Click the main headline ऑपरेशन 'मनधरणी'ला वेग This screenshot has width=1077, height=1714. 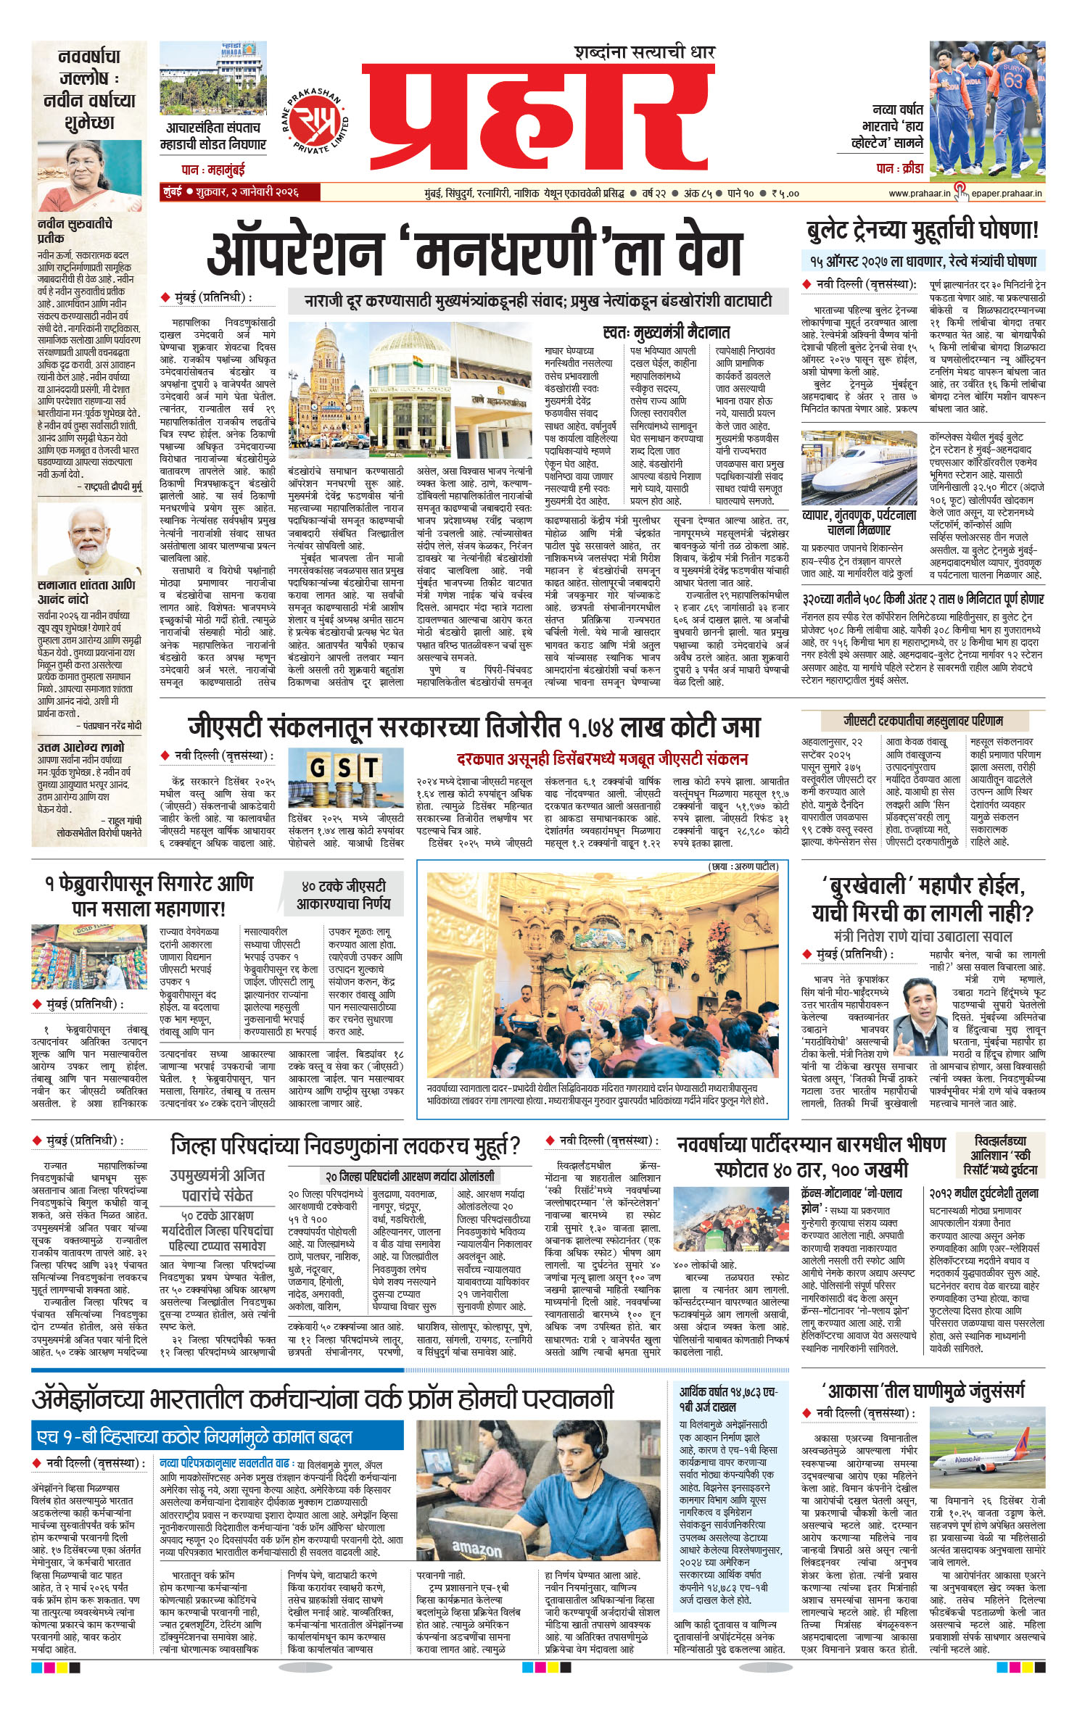click(475, 252)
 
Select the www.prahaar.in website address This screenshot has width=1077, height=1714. click(919, 194)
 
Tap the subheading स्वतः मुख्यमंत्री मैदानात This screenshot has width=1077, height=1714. click(666, 333)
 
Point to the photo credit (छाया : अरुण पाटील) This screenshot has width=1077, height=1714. click(742, 866)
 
